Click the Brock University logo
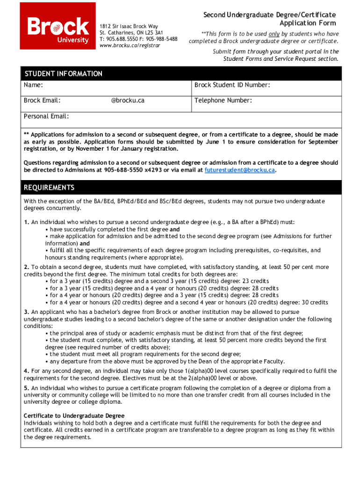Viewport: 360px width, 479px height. click(58, 26)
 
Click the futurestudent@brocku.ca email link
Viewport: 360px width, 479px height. click(240, 170)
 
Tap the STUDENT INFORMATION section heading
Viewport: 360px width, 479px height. click(63, 74)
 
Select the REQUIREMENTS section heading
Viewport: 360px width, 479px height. click(49, 188)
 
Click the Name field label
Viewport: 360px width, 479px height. click(34, 85)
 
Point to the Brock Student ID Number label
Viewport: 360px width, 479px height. click(232, 85)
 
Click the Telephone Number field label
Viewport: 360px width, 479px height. click(223, 101)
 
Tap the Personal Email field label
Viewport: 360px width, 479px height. click(46, 116)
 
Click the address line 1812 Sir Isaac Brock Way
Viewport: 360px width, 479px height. click(129, 26)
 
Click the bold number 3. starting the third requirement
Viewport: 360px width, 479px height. click(27, 312)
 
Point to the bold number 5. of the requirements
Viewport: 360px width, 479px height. click(27, 388)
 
